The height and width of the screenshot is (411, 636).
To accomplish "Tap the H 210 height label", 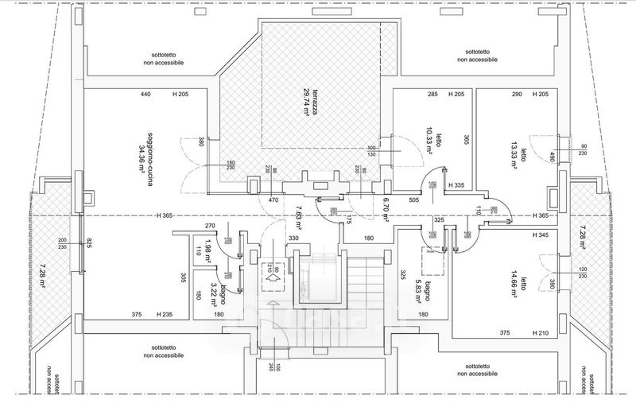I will pyautogui.click(x=540, y=333).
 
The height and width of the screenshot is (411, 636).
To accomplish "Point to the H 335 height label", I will pyautogui.click(x=456, y=185).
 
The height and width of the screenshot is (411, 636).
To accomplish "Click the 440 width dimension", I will pyautogui.click(x=145, y=95).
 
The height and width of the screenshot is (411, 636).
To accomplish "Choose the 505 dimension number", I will pyautogui.click(x=414, y=200).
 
